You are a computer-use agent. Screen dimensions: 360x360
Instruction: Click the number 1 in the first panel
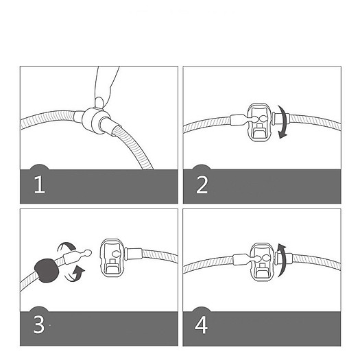click(39, 185)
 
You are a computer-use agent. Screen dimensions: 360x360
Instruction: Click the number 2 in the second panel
click(201, 185)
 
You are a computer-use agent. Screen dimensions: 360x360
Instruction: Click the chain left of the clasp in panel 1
click(48, 121)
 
